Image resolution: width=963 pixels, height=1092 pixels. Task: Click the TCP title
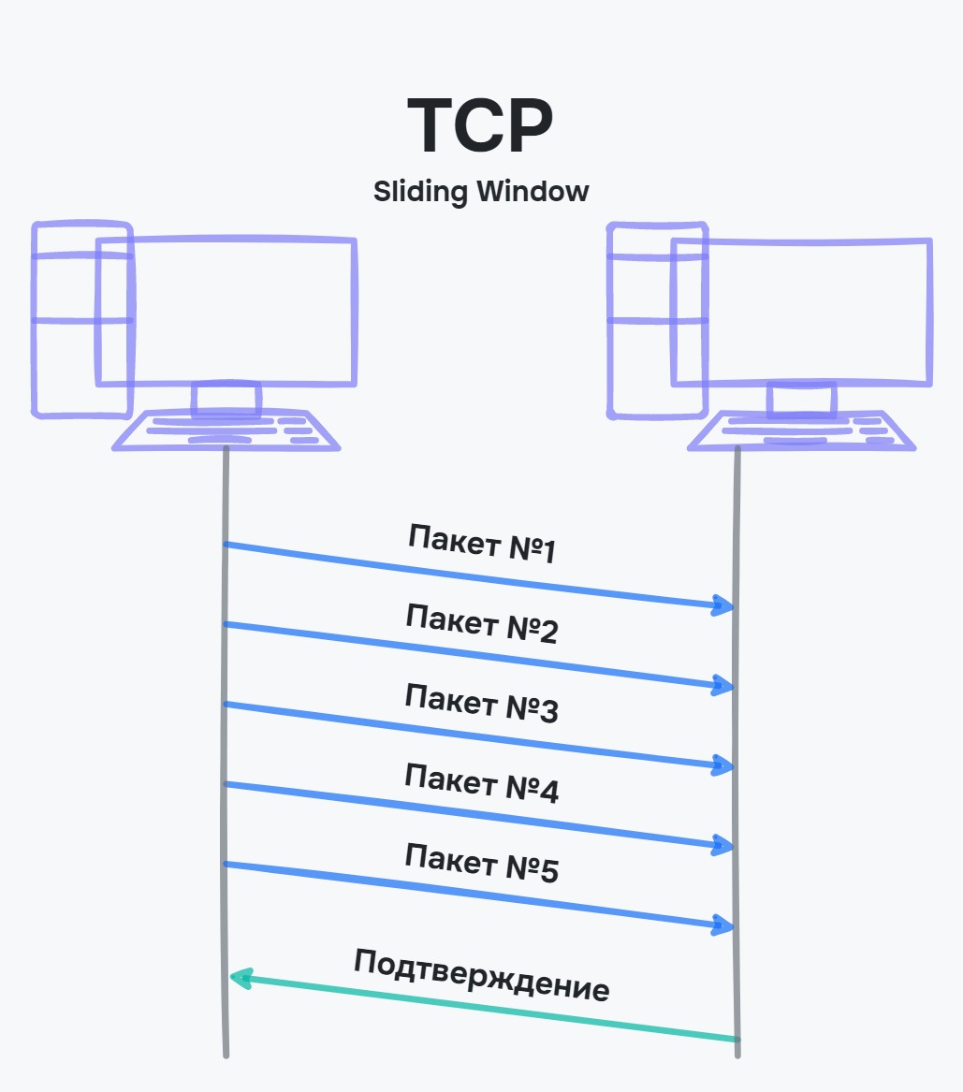point(480,126)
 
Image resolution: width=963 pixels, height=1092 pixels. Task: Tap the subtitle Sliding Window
point(481,192)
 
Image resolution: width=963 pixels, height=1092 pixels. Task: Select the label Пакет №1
point(482,544)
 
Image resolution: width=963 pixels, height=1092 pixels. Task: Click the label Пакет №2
point(482,624)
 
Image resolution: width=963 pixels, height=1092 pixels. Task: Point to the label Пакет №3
point(482,704)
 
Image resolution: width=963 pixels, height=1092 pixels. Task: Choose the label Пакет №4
point(482,784)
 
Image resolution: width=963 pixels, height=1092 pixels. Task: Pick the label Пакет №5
point(482,863)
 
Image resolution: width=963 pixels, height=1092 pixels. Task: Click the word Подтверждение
point(482,975)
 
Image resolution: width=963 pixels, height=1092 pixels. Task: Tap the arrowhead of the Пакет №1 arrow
point(722,605)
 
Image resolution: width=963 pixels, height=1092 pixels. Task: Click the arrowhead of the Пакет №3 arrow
point(722,765)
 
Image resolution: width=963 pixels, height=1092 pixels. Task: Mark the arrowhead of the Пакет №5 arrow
point(722,925)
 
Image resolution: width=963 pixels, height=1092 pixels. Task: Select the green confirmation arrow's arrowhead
point(240,979)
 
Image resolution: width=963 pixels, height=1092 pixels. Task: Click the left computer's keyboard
point(226,430)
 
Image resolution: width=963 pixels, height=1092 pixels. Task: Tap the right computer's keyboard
point(801,430)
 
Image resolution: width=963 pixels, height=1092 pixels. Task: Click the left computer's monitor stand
point(226,398)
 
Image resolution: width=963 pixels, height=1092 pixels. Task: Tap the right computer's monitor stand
point(801,398)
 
